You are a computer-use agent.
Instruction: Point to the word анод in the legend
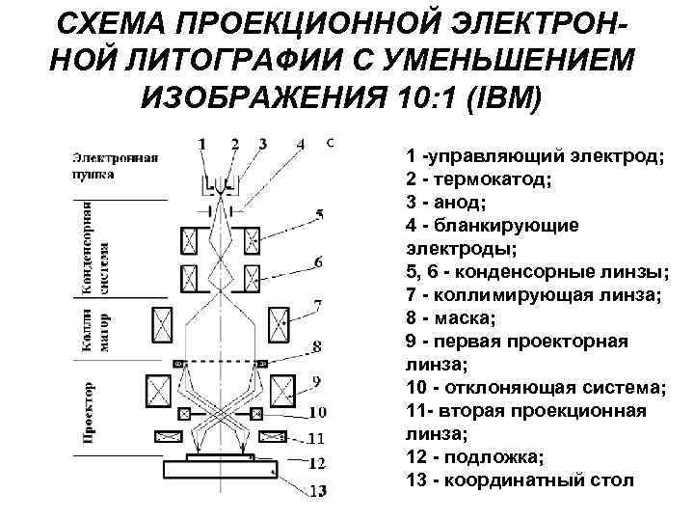461,203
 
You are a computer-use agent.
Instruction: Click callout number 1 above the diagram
201,145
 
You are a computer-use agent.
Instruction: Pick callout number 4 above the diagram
301,145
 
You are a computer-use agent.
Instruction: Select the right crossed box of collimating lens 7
281,320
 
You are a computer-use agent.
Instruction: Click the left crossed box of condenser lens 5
190,236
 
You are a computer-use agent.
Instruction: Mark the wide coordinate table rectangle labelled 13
222,472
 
